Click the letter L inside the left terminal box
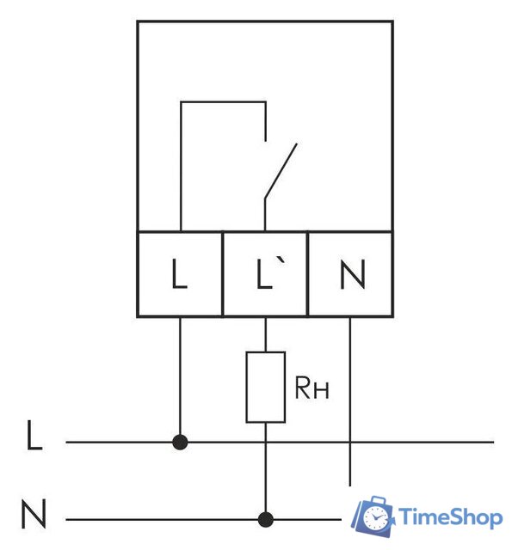tap(179, 273)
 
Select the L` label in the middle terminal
tap(269, 273)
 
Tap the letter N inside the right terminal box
tap(353, 274)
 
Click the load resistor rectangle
tap(266, 387)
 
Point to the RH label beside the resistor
tap(312, 388)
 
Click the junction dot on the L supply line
tap(180, 442)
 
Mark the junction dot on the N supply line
tap(266, 519)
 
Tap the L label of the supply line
tap(34, 435)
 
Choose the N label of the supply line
tap(34, 514)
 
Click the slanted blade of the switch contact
tap(281, 171)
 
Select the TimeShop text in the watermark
tap(450, 517)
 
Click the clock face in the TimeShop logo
tap(375, 518)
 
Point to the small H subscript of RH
tap(321, 391)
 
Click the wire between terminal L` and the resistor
tap(266, 334)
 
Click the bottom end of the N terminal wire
tap(350, 486)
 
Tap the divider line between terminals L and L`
tap(223, 273)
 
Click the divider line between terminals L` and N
tap(307, 273)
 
